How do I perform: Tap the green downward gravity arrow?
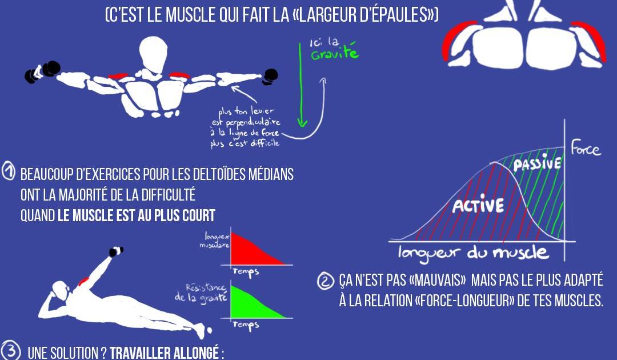(301, 85)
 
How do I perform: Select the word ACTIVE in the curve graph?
(478, 205)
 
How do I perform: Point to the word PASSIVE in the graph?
(537, 163)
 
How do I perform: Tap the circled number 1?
(8, 172)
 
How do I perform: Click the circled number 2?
(326, 281)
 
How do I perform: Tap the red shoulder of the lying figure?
(84, 281)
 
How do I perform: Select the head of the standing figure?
(153, 54)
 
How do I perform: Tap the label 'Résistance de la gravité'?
(202, 293)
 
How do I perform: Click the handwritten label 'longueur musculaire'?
(215, 240)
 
